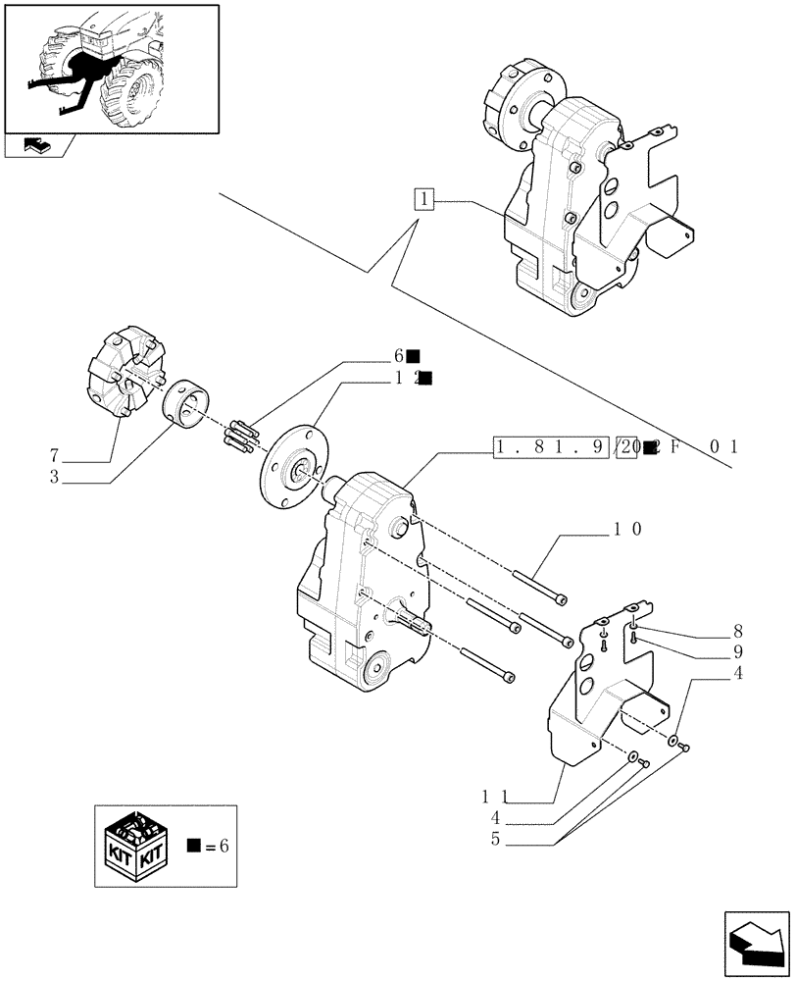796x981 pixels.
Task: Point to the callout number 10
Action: click(x=627, y=529)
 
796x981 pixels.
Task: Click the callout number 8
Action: click(x=736, y=633)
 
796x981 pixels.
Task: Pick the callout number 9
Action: click(x=736, y=651)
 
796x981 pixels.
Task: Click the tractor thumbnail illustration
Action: click(x=110, y=68)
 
